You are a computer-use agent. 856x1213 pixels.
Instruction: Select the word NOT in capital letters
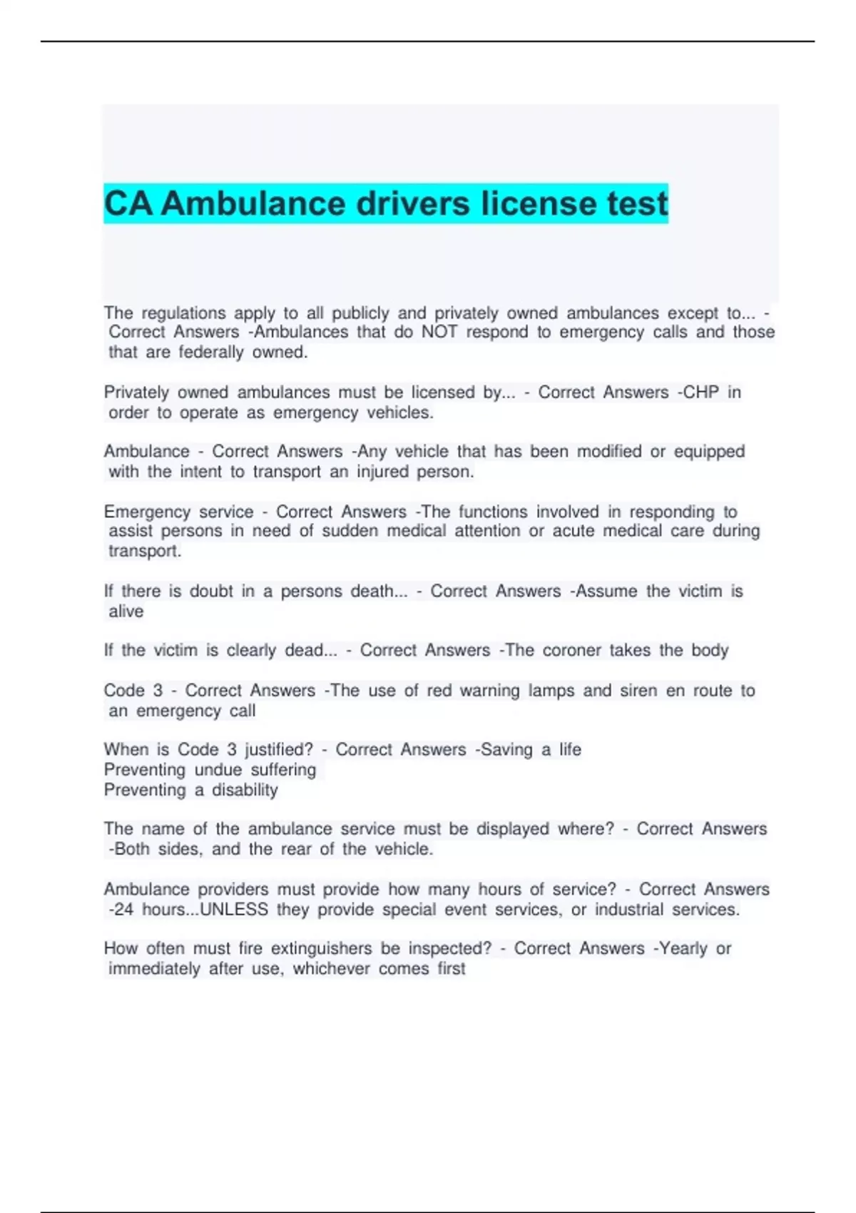click(x=439, y=332)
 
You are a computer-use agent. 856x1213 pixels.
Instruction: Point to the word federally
click(x=211, y=352)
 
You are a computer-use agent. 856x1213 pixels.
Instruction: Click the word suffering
click(x=283, y=770)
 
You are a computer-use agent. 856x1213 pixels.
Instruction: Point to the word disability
click(x=245, y=790)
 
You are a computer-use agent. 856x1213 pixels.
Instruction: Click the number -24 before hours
click(x=121, y=910)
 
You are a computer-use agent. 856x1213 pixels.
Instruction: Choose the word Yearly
click(x=681, y=949)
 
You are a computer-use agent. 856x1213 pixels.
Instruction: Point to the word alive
click(x=126, y=611)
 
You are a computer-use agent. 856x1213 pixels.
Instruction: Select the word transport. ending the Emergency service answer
click(x=145, y=551)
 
